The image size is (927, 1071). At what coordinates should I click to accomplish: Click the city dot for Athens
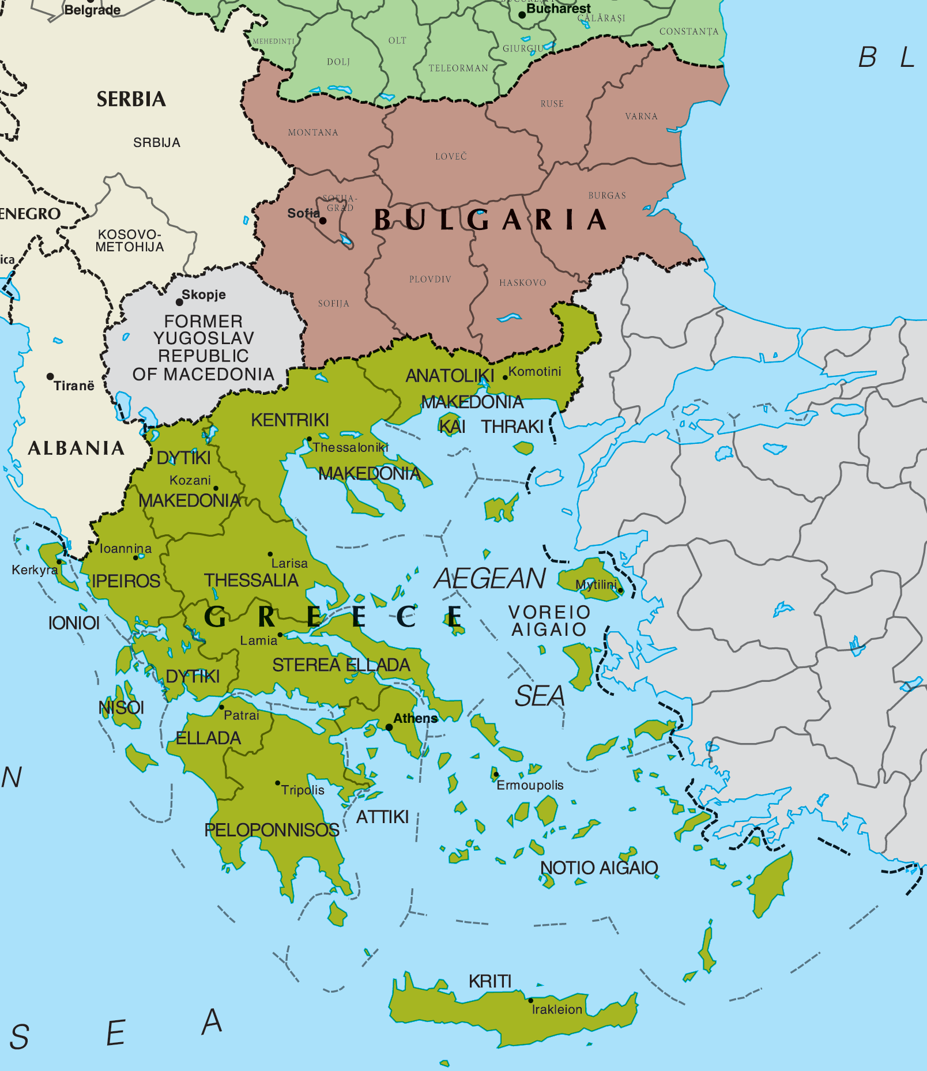[389, 727]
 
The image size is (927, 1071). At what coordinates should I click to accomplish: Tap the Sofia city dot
[323, 221]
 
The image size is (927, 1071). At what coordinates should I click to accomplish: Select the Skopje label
[204, 295]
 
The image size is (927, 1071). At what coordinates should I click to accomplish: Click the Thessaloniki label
[351, 447]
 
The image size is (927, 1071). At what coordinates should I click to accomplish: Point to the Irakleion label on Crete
[557, 1009]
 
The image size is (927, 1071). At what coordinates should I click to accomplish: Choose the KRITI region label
[490, 981]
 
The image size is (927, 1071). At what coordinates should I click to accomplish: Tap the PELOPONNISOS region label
[272, 830]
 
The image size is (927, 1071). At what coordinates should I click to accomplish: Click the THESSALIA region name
[251, 580]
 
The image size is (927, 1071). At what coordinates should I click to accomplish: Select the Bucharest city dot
[522, 15]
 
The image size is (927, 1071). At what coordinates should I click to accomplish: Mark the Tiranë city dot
[50, 376]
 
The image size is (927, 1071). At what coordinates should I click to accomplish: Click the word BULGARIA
[490, 220]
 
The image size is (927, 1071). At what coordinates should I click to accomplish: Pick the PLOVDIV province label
[430, 280]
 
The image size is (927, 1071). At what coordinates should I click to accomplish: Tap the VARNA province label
[641, 116]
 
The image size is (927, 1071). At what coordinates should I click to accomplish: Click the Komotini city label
[534, 372]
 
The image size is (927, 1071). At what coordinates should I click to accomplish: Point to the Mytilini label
[596, 584]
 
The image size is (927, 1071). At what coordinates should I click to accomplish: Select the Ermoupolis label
[530, 785]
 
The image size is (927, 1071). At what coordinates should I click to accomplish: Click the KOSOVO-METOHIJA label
[130, 241]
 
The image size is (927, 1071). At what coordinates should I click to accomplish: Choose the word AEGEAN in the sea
[490, 578]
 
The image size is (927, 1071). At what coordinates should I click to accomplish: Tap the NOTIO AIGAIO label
[599, 868]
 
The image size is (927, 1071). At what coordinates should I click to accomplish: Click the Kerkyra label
[35, 570]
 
